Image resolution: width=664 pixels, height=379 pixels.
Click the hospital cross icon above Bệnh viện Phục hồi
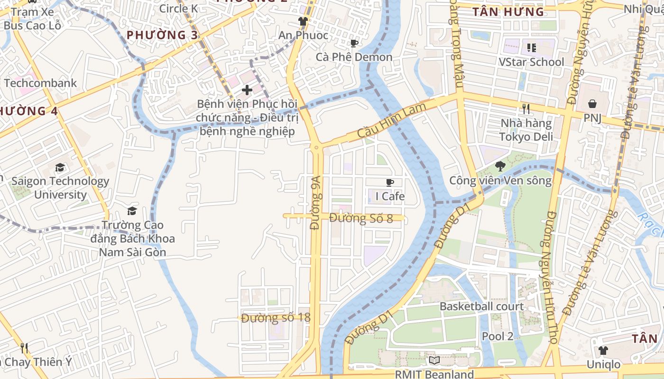pos(247,89)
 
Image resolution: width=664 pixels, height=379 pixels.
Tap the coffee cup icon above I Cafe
pos(390,182)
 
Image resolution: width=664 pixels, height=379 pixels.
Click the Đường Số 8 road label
pos(361,218)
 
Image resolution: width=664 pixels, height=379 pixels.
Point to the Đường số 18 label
pos(276,317)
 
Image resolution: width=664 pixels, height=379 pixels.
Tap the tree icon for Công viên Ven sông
pos(500,166)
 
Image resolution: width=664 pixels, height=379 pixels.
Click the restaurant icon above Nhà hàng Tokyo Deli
pos(526,108)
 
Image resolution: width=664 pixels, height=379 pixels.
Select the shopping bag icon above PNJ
pos(592,103)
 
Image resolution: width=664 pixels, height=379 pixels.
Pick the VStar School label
pos(531,62)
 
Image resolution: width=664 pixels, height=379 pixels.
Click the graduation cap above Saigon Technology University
pos(60,167)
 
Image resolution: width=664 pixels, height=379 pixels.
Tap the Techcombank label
pos(40,83)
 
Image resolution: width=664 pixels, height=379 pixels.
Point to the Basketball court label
pos(481,306)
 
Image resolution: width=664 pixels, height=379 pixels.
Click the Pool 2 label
pos(498,336)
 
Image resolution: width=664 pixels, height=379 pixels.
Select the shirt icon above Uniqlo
pos(603,350)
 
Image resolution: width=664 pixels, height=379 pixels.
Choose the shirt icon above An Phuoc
pos(303,21)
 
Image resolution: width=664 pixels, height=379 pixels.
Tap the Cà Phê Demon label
pos(354,57)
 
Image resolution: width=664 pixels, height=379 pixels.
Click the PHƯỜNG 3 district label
pos(162,35)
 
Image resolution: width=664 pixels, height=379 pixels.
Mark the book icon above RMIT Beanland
pos(434,360)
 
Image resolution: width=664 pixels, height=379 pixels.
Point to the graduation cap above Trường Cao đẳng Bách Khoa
pos(132,211)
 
